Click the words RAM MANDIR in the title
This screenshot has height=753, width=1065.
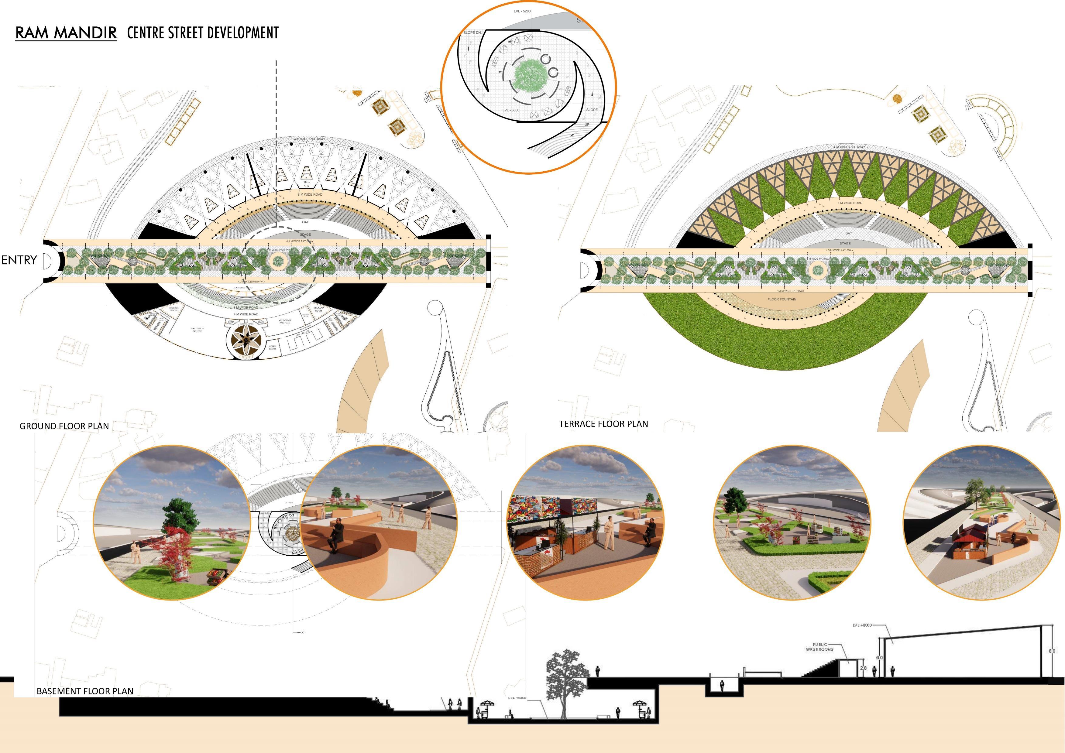(66, 33)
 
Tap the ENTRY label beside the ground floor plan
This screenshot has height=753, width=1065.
(19, 260)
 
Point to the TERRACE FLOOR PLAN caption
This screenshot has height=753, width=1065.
(603, 424)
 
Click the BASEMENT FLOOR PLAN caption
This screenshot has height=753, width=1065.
(85, 691)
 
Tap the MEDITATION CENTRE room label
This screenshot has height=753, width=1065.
(197, 330)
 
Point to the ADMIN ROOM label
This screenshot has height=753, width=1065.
(272, 347)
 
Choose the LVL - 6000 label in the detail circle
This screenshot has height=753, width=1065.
(511, 110)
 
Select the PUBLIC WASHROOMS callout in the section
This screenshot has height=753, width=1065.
(819, 647)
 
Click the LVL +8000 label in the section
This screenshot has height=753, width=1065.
(862, 625)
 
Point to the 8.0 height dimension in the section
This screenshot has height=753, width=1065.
(1052, 651)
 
